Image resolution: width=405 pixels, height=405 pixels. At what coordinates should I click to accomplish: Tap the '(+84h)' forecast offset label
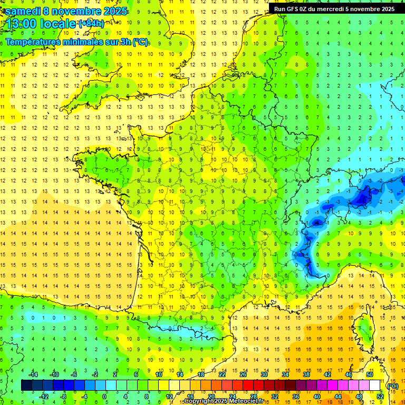(91, 23)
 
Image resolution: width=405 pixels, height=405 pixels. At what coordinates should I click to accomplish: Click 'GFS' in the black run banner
(294, 9)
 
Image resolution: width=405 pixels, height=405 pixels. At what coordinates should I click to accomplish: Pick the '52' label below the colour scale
(380, 397)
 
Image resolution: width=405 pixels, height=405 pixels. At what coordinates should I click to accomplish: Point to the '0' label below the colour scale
(104, 397)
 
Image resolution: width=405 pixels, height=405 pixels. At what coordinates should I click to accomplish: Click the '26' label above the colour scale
(243, 374)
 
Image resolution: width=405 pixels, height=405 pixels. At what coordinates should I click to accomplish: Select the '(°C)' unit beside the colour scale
(393, 386)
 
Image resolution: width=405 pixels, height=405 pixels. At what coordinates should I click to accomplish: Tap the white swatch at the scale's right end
(374, 385)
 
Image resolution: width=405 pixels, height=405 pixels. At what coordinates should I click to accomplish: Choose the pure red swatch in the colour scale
(248, 385)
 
